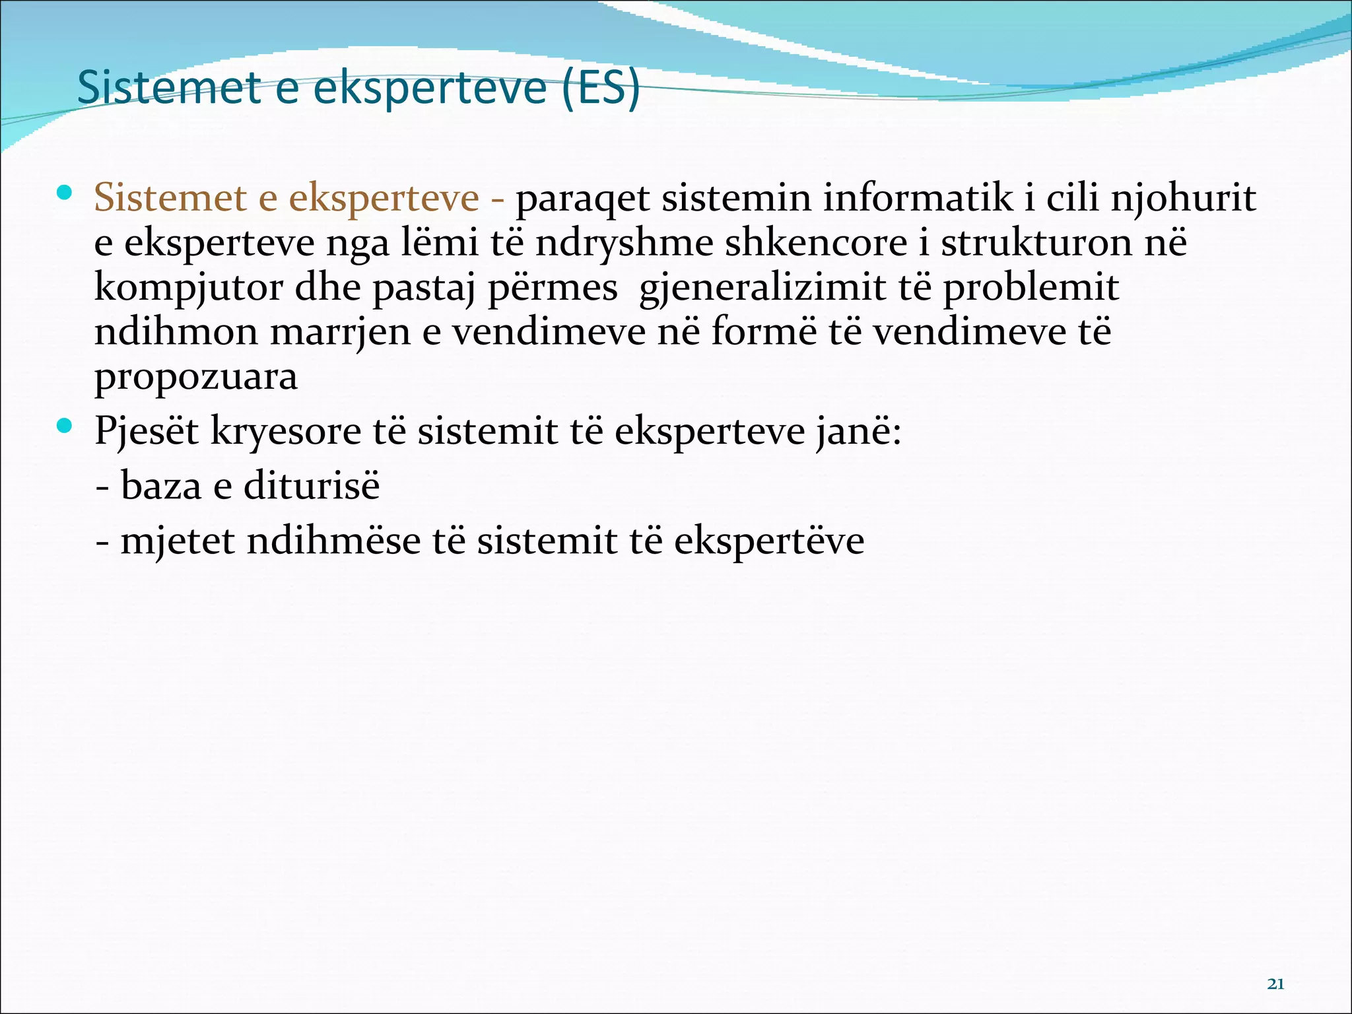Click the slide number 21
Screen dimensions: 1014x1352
pyautogui.click(x=1275, y=984)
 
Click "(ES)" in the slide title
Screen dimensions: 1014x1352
pyautogui.click(x=601, y=88)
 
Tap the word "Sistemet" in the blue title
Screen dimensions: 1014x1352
pyautogui.click(x=169, y=88)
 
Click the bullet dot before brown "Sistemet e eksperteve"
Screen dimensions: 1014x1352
pyautogui.click(x=64, y=193)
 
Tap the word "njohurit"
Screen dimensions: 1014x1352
pyautogui.click(x=1183, y=198)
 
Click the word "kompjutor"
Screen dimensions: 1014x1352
pyautogui.click(x=188, y=288)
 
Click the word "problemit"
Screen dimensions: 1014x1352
pyautogui.click(x=1031, y=288)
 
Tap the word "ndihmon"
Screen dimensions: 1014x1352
pyautogui.click(x=176, y=332)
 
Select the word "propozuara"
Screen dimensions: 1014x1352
pyautogui.click(x=195, y=378)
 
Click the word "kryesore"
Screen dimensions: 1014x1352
pyautogui.click(x=286, y=432)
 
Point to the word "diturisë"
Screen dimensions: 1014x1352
pyautogui.click(x=312, y=487)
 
